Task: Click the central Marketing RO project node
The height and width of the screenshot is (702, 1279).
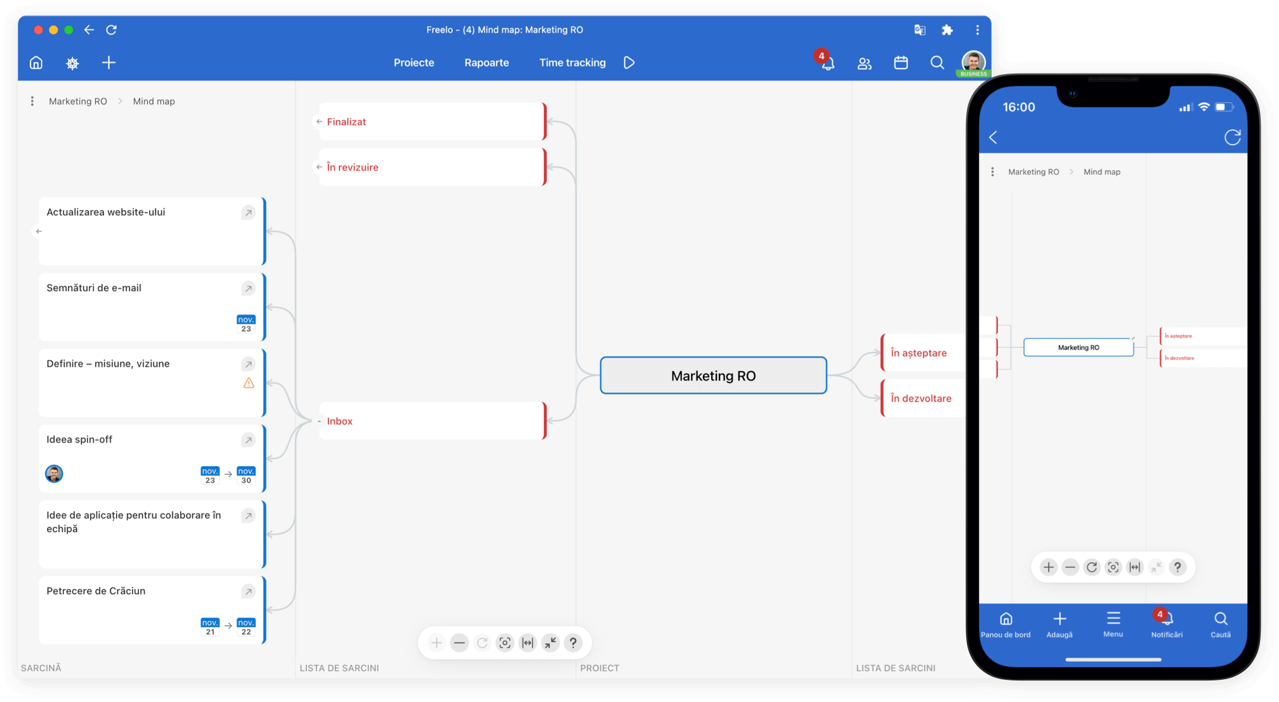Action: click(x=713, y=375)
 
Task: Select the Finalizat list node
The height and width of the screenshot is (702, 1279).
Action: click(x=431, y=121)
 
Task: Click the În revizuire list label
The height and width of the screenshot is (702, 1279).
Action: click(x=353, y=167)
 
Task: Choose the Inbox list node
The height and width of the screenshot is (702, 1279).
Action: click(x=431, y=420)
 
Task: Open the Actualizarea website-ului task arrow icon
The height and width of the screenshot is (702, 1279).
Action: click(x=248, y=212)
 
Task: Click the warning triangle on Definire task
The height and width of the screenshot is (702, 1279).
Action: click(x=249, y=383)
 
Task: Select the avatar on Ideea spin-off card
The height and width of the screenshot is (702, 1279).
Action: click(x=54, y=474)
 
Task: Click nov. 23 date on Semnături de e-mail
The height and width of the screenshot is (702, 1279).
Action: click(x=246, y=324)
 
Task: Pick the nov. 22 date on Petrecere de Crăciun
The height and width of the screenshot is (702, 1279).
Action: click(x=246, y=627)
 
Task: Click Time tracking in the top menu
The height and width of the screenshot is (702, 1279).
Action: click(x=572, y=63)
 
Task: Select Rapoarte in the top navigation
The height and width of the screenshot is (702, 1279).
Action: click(x=487, y=63)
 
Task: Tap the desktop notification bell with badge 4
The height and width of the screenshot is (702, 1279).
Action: click(x=827, y=62)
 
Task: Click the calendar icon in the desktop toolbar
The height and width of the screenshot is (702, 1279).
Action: click(x=901, y=63)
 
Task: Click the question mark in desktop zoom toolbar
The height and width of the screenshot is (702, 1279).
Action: click(x=573, y=643)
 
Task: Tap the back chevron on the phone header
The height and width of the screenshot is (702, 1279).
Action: click(x=994, y=138)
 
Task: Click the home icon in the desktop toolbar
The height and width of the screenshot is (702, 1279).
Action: click(x=36, y=63)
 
